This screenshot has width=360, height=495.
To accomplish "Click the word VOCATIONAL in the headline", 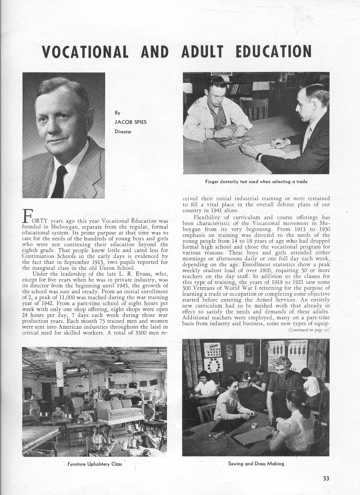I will click(x=85, y=52).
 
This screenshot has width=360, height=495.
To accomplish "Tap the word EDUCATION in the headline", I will click(x=273, y=52).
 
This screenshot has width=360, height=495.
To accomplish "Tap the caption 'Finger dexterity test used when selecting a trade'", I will click(x=256, y=181).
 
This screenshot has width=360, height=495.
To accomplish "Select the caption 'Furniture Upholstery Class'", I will click(x=94, y=464).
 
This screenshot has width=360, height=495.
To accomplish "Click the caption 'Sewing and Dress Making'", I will click(x=256, y=463).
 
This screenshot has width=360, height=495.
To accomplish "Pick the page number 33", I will click(x=326, y=478).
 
